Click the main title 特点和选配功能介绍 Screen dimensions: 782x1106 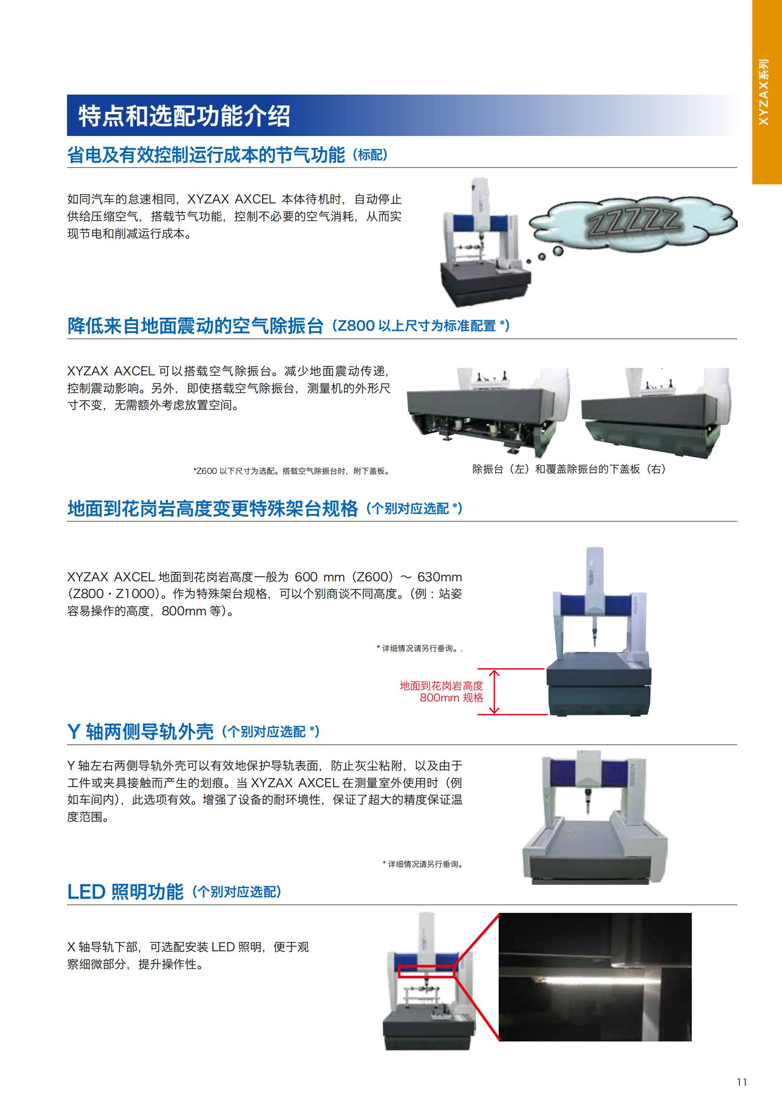[x=184, y=116]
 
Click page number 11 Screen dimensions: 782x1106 [x=742, y=1082]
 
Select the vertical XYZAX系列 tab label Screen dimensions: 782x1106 [x=763, y=92]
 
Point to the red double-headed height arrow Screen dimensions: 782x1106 [x=494, y=691]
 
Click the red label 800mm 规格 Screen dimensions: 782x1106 [x=451, y=698]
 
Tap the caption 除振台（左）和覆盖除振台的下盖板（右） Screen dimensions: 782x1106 [x=569, y=469]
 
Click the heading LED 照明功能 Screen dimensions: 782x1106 [x=125, y=892]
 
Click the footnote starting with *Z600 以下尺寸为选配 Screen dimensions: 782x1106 [x=292, y=471]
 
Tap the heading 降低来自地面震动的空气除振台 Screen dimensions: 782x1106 [x=195, y=326]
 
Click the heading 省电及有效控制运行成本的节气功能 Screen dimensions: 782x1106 [x=206, y=155]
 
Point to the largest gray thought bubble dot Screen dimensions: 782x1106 [x=558, y=251]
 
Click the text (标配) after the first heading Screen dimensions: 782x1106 [x=371, y=156]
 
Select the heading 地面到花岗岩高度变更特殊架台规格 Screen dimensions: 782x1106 [x=212, y=508]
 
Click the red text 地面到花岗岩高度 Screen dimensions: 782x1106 [x=442, y=685]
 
